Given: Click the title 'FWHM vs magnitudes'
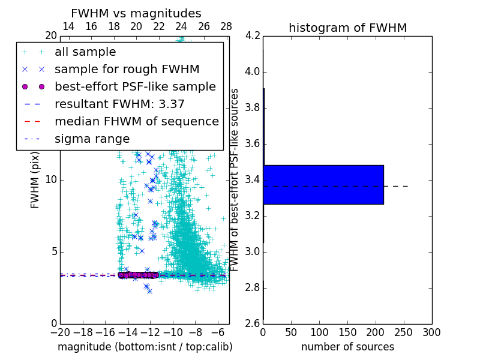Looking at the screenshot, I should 136,13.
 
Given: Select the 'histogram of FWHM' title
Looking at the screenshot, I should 347,28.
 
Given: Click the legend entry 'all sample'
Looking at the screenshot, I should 85,52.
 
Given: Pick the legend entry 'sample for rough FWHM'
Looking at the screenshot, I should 127,69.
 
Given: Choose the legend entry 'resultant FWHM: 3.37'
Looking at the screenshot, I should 119,104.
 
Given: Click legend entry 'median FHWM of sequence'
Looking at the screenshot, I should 137,121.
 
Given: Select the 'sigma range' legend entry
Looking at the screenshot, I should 92,139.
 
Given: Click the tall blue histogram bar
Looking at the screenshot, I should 323,185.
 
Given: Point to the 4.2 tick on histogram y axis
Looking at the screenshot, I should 253,36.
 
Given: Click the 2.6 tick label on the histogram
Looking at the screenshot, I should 253,323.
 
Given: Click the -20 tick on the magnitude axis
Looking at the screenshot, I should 60,332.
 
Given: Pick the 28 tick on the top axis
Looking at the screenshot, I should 226,26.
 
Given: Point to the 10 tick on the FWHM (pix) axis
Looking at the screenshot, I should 51,179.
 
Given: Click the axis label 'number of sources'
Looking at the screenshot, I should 347,347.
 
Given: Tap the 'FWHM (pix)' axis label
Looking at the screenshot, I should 35,179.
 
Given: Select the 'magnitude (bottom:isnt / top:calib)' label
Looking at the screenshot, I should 145,347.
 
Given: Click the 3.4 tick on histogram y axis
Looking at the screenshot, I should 253,179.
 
